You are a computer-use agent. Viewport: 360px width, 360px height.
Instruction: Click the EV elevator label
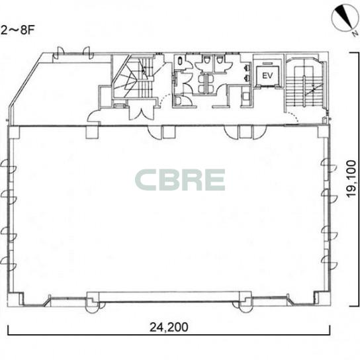coord(267,75)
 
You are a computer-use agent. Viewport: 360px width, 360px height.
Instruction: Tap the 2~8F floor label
coord(17,30)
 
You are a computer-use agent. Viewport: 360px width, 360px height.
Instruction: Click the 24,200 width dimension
coord(169,327)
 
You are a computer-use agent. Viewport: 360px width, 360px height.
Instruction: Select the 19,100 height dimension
coord(351,179)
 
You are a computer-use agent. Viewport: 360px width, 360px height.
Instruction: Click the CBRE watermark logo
coord(180,180)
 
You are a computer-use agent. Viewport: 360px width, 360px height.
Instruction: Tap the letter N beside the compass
coord(355,34)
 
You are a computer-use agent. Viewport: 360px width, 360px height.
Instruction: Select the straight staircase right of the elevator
coord(304,84)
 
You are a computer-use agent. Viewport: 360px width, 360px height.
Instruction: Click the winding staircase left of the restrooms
coord(134,77)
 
